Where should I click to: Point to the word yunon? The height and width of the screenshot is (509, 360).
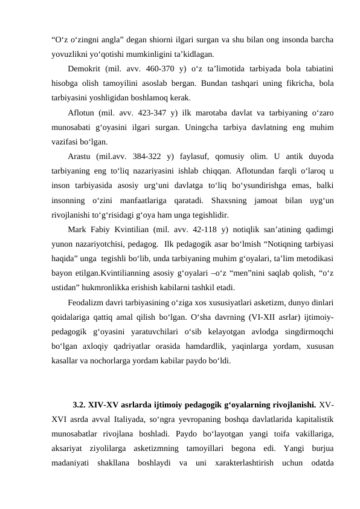pos(63,244)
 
